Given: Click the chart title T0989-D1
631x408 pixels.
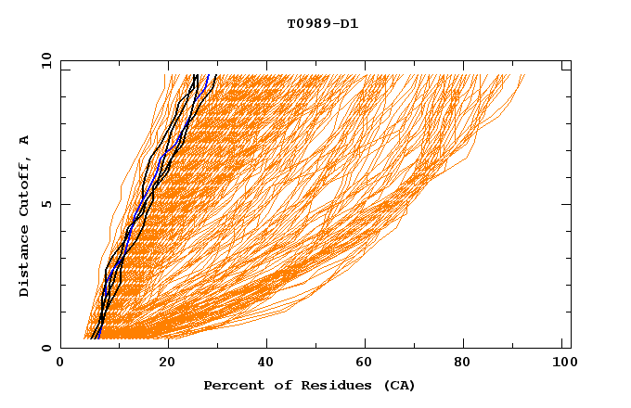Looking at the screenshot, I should [x=322, y=23].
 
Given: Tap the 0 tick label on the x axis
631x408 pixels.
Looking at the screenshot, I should [x=60, y=365].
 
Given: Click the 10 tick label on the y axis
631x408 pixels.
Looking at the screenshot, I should [x=45, y=60].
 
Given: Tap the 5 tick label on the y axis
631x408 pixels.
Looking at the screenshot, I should [x=45, y=204].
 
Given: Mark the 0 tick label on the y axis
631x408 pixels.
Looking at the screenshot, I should [x=45, y=348].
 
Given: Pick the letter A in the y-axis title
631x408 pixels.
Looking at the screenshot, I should [x=25, y=140].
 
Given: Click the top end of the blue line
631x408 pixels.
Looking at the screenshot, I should [x=208, y=75].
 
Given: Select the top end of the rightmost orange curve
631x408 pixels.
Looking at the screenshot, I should [x=524, y=75].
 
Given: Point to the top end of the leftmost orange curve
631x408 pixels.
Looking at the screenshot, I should [x=164, y=75].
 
